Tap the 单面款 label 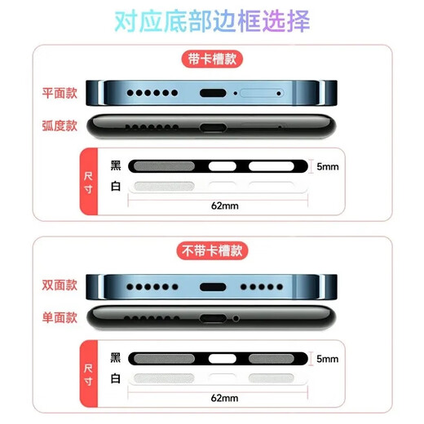pyautogui.click(x=60, y=317)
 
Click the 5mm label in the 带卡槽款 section pyautogui.click(x=327, y=166)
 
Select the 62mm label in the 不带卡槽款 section pyautogui.click(x=224, y=398)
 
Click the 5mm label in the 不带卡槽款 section pyautogui.click(x=327, y=358)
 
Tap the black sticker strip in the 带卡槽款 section pyautogui.click(x=219, y=166)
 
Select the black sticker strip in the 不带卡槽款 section pyautogui.click(x=219, y=358)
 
